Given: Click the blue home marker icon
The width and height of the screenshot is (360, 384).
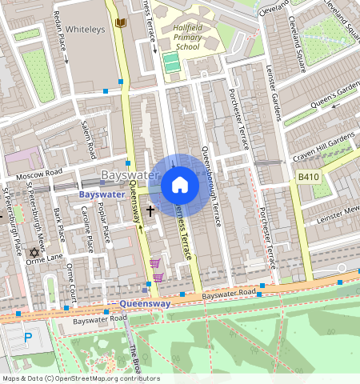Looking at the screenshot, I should pyautogui.click(x=180, y=186).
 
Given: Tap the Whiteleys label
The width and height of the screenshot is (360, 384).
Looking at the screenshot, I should pyautogui.click(x=85, y=28).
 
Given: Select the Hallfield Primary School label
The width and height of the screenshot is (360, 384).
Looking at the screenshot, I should pyautogui.click(x=175, y=38).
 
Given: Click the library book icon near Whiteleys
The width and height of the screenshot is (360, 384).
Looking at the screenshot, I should pyautogui.click(x=120, y=23).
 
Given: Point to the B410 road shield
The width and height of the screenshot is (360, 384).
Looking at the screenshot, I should pyautogui.click(x=308, y=176).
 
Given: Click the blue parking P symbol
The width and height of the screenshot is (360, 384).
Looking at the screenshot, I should pyautogui.click(x=29, y=338).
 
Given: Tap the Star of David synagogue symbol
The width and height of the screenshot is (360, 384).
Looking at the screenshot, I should pyautogui.click(x=34, y=253).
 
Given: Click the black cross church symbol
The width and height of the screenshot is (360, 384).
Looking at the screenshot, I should pyautogui.click(x=150, y=210).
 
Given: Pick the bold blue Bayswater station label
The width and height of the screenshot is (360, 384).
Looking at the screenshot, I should pyautogui.click(x=101, y=194).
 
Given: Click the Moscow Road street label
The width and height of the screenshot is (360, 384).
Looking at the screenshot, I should pyautogui.click(x=42, y=172).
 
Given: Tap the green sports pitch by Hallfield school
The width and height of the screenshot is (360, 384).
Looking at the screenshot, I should pyautogui.click(x=170, y=62).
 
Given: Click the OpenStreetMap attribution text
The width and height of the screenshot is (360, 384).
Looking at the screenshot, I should pyautogui.click(x=80, y=378).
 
